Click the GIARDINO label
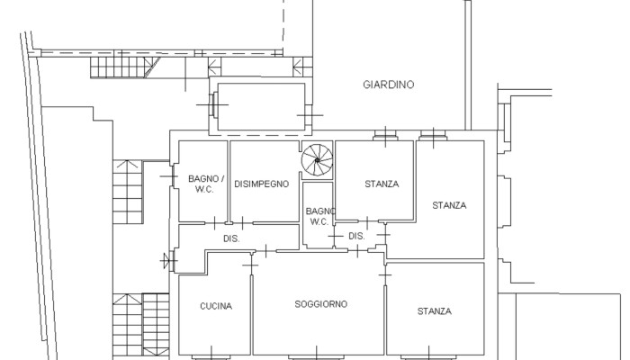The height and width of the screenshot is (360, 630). [x=388, y=85]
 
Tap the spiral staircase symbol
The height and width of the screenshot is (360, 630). [x=318, y=160]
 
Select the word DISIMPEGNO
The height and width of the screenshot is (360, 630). [x=262, y=184]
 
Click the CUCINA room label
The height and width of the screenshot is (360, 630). [x=216, y=306]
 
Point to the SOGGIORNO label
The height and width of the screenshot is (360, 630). [x=321, y=304]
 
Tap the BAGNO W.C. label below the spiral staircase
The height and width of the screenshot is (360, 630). [x=320, y=216]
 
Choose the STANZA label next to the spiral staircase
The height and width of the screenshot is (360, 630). [x=382, y=184]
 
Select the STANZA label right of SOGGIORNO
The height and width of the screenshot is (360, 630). [x=435, y=311]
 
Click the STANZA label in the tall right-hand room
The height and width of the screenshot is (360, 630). [x=449, y=206]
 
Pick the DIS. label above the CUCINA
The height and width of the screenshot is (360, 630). [x=231, y=238]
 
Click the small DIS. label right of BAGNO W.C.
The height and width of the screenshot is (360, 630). [x=356, y=236]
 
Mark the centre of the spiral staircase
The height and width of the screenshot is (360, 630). [x=318, y=160]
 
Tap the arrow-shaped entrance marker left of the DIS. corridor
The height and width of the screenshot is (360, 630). [x=165, y=261]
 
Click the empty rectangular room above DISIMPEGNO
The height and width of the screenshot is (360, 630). [x=261, y=106]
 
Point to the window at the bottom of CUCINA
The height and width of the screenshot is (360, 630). [x=211, y=356]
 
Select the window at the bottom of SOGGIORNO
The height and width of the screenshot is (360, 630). [x=316, y=356]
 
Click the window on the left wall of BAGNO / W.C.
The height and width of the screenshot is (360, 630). [x=173, y=176]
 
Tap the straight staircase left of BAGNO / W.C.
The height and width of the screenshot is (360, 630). [x=128, y=192]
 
